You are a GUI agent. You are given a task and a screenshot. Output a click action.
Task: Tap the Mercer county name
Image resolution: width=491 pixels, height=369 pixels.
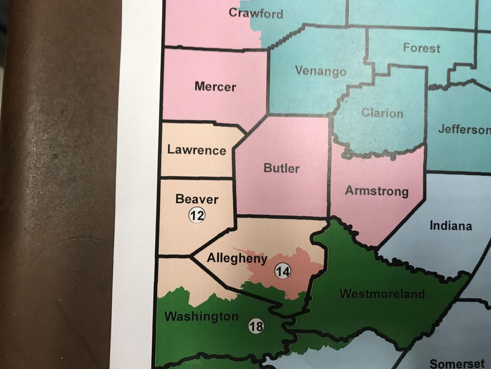coord(215,87)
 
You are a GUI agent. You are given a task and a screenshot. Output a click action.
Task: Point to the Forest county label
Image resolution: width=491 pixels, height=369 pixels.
coord(421,48)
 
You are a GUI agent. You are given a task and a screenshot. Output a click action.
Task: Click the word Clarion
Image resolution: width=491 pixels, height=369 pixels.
coord(382,113)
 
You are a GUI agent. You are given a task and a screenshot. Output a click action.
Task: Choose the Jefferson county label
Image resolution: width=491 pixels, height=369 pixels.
coord(464,130)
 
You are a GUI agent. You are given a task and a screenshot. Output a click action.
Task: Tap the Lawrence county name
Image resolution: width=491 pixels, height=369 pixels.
coord(196,150)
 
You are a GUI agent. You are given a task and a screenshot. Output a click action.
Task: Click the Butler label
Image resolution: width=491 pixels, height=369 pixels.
coord(282,168)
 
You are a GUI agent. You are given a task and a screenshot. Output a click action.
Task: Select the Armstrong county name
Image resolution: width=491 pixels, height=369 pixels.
coord(376,191)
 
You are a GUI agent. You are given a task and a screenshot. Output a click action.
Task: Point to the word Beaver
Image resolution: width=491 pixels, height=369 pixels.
coord(197,199)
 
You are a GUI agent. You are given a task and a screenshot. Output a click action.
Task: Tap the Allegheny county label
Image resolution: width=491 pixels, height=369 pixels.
coord(237,258)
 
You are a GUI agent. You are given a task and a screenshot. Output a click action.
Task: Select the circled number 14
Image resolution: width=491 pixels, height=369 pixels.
coord(282,271)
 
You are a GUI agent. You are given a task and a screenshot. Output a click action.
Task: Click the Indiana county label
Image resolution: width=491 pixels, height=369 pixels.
coord(450,225)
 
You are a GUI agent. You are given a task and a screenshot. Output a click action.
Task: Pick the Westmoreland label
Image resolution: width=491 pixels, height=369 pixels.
coord(382,294)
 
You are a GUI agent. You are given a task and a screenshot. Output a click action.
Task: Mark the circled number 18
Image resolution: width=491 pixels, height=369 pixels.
coord(256,326)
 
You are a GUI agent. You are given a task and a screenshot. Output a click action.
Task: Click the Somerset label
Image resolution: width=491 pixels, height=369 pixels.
coord(457,363)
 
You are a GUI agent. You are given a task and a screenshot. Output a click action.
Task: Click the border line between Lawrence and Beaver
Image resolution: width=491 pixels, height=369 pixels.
coord(196,178)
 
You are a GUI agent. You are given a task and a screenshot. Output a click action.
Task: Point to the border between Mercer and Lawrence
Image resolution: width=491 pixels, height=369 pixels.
coord(192,122)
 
